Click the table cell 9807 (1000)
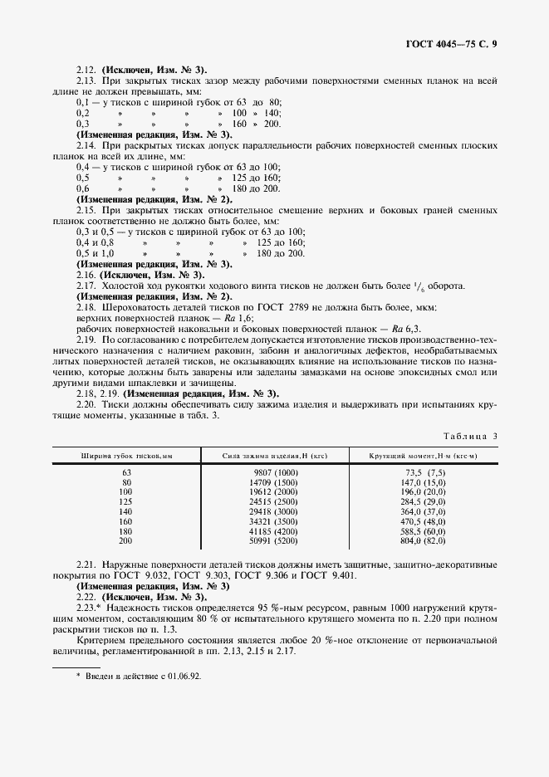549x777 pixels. pos(273,472)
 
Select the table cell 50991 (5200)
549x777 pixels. pos(273,540)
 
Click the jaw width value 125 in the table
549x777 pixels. pos(127,501)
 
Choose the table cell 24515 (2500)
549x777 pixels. pos(273,501)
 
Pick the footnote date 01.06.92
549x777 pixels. pos(185,677)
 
